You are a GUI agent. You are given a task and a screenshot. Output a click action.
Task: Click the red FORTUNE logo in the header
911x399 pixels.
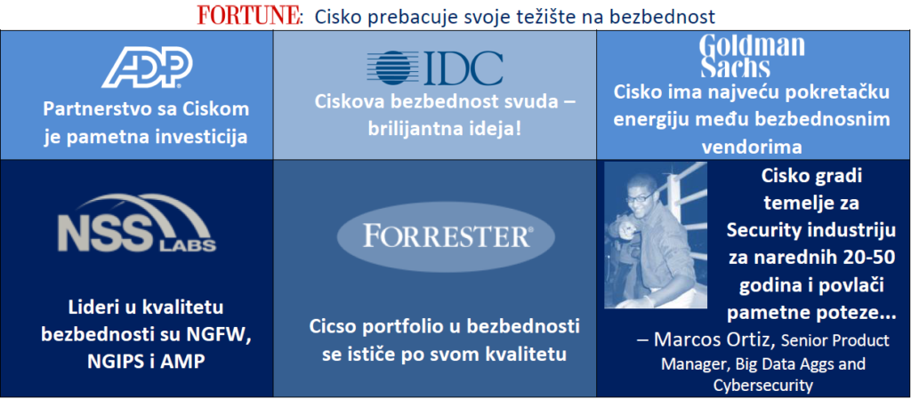(249, 16)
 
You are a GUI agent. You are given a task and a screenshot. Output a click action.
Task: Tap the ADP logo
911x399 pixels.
(147, 68)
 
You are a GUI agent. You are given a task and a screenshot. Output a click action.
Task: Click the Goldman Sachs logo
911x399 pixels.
(753, 56)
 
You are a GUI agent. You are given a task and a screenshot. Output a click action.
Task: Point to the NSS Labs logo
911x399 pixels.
(136, 223)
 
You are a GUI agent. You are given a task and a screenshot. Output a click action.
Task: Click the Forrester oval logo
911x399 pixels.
(446, 237)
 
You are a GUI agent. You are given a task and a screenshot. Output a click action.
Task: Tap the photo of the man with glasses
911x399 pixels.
(656, 235)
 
